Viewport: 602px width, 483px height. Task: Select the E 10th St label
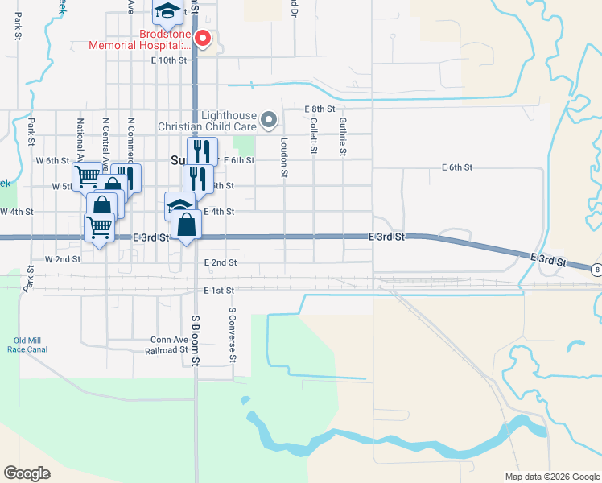[x=168, y=60]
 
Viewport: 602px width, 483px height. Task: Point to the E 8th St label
[x=320, y=109]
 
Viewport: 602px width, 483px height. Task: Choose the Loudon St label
[x=284, y=156]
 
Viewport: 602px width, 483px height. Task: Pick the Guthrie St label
[x=344, y=136]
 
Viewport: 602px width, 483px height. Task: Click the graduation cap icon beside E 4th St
[x=179, y=206]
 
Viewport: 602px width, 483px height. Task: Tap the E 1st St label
[x=219, y=290]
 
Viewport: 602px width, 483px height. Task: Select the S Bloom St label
[x=195, y=340]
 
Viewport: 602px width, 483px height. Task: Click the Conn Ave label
[x=168, y=340]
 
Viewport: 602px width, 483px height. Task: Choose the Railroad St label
[x=166, y=350]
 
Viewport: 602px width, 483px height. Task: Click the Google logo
[x=27, y=473]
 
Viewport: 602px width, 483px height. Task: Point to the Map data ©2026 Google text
[x=551, y=477]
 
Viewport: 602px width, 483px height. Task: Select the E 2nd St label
[x=221, y=262]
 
